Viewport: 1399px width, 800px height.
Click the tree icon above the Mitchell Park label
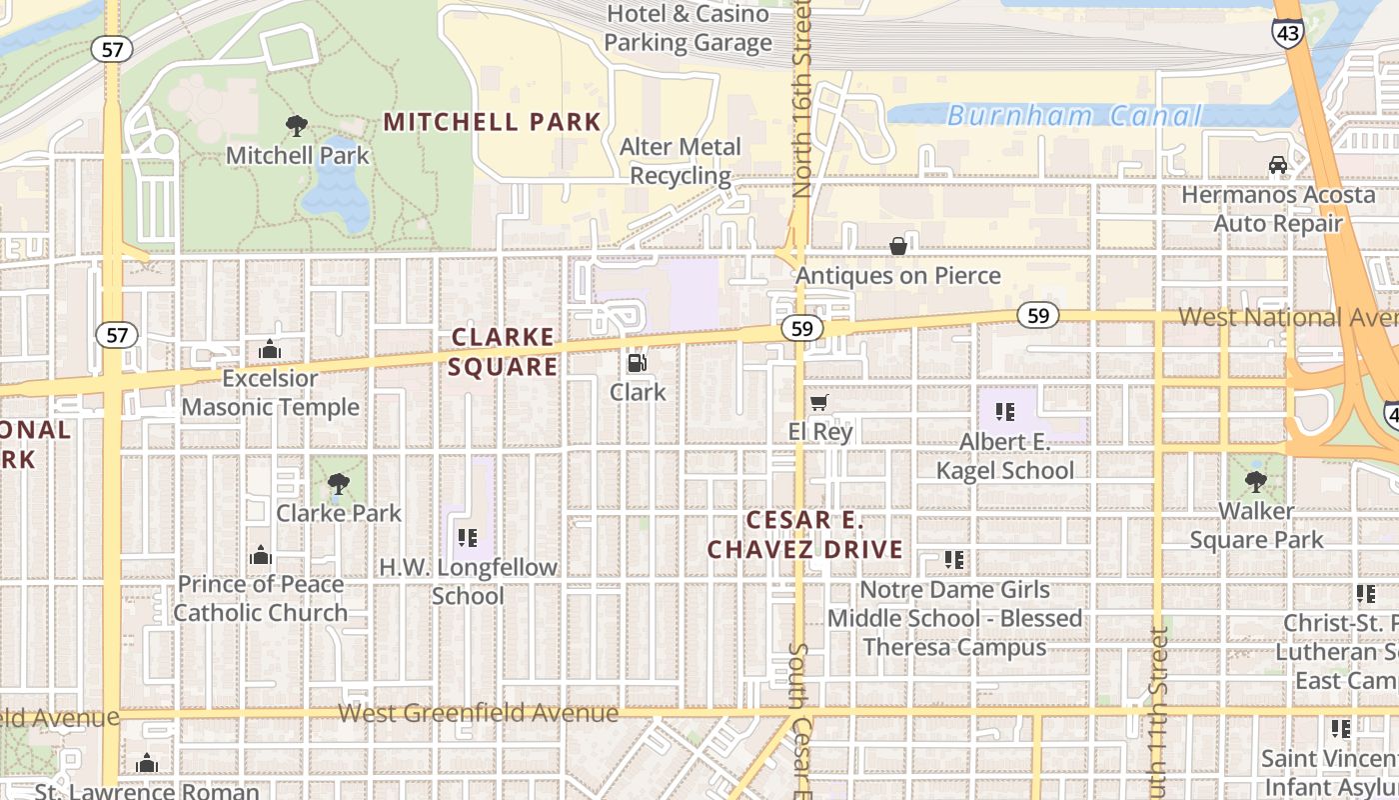(x=297, y=126)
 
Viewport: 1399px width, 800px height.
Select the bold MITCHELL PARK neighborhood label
(x=493, y=122)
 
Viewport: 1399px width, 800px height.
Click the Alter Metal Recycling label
(x=681, y=161)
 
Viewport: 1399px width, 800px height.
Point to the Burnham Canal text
(x=1073, y=116)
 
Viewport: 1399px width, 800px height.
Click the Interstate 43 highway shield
(x=1287, y=33)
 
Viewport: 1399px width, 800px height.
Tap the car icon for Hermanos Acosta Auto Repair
(x=1277, y=165)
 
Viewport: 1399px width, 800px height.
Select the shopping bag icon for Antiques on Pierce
(x=898, y=246)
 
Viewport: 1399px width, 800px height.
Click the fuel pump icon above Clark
(x=637, y=363)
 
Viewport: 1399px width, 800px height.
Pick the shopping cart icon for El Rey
(x=819, y=403)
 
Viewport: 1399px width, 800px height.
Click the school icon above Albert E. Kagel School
(x=1004, y=412)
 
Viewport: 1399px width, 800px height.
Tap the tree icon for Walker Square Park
(x=1256, y=482)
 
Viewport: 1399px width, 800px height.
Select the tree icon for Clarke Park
(x=339, y=484)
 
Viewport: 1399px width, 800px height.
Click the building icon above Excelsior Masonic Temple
(x=269, y=349)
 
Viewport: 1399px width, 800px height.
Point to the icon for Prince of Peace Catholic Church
(x=261, y=555)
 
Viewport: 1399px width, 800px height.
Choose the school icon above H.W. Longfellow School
(x=467, y=538)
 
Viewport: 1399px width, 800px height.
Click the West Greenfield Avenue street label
(x=478, y=713)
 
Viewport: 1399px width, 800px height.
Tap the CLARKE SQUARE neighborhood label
(x=503, y=351)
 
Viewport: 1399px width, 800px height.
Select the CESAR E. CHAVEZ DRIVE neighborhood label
(x=805, y=535)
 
